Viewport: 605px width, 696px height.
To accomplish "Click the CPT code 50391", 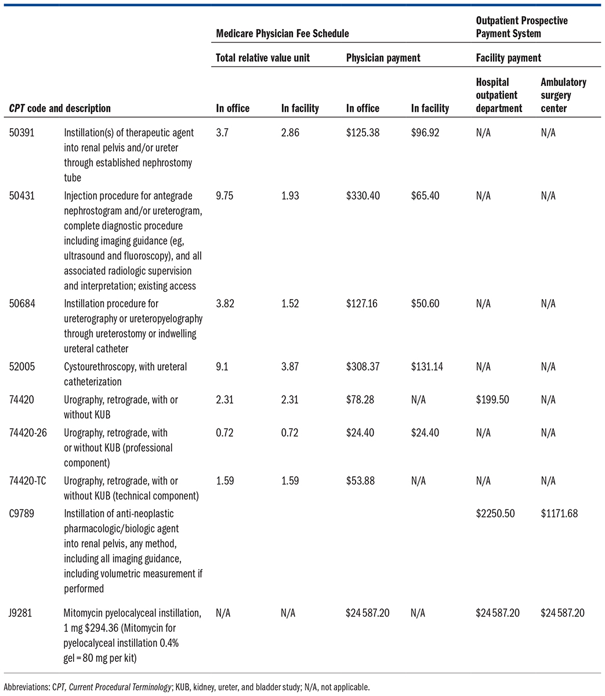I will (x=21, y=133).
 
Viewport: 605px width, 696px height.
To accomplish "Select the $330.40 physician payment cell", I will (x=363, y=196).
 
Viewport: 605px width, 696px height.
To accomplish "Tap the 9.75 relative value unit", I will (x=225, y=196).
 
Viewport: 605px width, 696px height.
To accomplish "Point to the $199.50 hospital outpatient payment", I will (x=495, y=400).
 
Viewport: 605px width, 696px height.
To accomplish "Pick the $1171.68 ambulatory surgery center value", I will (x=559, y=514).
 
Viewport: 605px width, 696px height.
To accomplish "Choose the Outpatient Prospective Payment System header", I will (x=521, y=27).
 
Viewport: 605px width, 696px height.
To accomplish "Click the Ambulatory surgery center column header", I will (x=563, y=95).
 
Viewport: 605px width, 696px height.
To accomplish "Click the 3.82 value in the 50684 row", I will (x=225, y=304).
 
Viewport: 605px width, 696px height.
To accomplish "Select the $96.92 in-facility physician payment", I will (x=425, y=133).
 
